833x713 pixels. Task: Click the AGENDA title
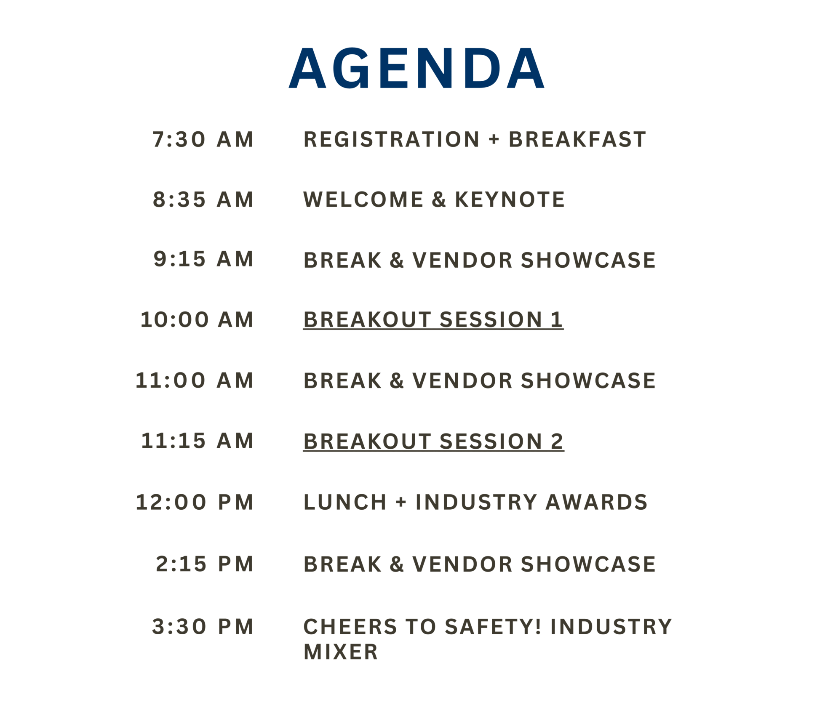(416, 68)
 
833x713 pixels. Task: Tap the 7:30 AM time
(203, 139)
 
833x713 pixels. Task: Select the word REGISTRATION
(391, 139)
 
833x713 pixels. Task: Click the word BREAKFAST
(577, 139)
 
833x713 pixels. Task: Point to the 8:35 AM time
(203, 200)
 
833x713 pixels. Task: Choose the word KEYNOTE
(510, 200)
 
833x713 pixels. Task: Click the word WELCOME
(363, 200)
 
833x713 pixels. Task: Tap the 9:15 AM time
(203, 259)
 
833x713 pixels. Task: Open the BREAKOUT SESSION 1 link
(433, 320)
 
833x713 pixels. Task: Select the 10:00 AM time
(197, 320)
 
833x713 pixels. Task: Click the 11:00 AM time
(195, 380)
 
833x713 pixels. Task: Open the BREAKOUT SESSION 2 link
(433, 442)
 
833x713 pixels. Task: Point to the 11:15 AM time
(197, 441)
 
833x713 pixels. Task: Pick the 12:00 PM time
(195, 502)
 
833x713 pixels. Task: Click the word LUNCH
(345, 502)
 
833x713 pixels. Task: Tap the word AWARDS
(596, 502)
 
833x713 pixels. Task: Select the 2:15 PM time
(205, 564)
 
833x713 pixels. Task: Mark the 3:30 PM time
(203, 627)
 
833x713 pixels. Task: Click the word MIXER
(341, 652)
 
